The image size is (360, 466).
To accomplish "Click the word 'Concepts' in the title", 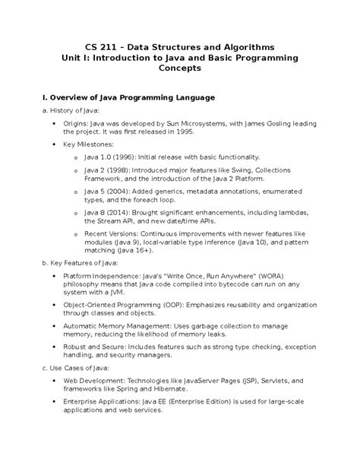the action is (x=179, y=68).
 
